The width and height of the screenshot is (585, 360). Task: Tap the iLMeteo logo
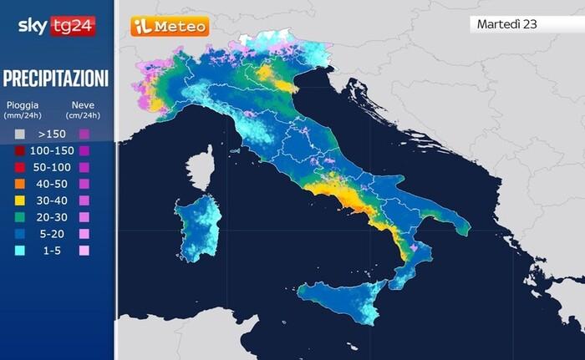(170, 27)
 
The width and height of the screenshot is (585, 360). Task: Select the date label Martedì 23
(506, 23)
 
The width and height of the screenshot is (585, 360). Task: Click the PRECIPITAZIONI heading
(56, 79)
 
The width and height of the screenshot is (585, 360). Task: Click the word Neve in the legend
(83, 104)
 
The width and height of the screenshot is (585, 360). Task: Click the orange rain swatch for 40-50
(19, 184)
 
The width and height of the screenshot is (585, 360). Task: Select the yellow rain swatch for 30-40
(19, 200)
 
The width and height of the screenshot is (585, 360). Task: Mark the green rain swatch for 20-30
(19, 217)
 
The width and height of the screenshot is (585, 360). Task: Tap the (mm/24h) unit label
(23, 115)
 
